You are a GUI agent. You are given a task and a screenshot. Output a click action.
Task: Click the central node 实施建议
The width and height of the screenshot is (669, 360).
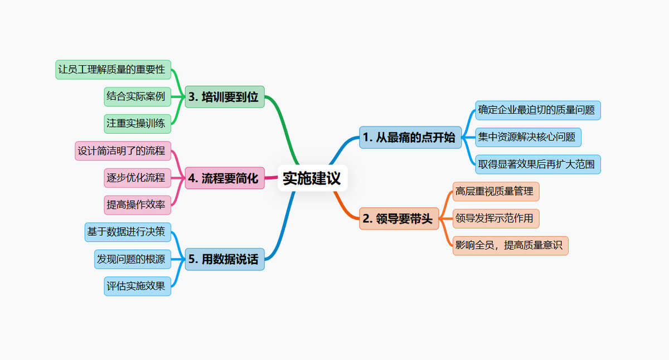click(x=312, y=178)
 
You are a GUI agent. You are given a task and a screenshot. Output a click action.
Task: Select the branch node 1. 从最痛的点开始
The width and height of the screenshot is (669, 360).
click(x=410, y=137)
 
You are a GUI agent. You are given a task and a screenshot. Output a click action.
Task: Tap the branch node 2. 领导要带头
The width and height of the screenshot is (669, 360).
click(x=399, y=218)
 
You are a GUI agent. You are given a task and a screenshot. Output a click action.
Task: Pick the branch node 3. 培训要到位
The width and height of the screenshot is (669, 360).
click(x=224, y=97)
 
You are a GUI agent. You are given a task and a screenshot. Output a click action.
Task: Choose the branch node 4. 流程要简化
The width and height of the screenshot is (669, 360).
click(x=224, y=178)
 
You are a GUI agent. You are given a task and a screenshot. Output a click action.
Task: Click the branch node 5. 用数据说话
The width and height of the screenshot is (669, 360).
click(x=224, y=259)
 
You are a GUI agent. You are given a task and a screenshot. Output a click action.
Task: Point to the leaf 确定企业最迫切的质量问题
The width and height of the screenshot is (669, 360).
click(x=537, y=110)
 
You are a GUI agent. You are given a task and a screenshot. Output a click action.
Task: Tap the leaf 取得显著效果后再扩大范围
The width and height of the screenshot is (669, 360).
click(x=537, y=164)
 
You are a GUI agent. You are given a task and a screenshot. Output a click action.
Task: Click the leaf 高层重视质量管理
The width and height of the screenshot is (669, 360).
click(x=496, y=191)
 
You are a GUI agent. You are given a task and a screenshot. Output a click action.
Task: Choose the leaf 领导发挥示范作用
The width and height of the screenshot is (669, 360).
click(x=496, y=218)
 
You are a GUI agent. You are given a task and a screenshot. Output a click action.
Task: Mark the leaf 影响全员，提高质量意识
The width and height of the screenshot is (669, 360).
click(x=510, y=245)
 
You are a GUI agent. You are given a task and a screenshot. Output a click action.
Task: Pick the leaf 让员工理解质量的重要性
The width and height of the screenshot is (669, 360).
click(x=113, y=70)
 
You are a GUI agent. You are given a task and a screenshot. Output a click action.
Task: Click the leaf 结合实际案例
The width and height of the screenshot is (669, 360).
click(x=137, y=96)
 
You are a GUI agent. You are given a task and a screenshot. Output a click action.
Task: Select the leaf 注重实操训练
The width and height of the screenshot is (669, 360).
click(x=137, y=124)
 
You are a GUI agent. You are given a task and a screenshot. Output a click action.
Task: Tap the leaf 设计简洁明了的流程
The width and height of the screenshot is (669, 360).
click(x=123, y=151)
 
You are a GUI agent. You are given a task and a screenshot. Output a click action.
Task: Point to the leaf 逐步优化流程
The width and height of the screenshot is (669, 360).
click(x=137, y=178)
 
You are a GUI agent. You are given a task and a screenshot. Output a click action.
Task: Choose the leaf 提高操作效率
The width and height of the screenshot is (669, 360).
click(x=137, y=205)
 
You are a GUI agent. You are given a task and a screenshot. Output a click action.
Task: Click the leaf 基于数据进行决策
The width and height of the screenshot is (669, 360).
click(x=128, y=232)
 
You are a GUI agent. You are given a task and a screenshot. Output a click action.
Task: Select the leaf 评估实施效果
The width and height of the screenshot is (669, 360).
click(x=137, y=286)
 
